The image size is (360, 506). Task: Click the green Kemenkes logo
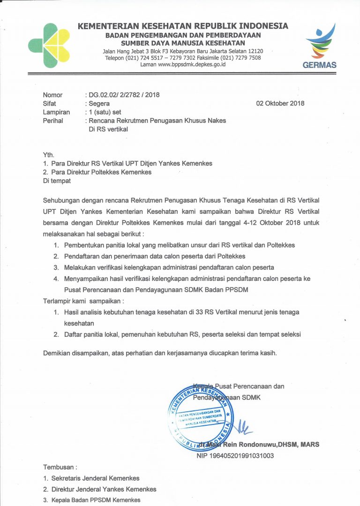[x=49, y=45]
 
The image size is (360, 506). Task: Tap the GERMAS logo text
[x=319, y=65]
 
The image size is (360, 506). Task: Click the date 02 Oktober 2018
[x=280, y=103]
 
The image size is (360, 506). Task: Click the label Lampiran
[x=56, y=112]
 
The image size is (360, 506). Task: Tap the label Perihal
[x=53, y=121]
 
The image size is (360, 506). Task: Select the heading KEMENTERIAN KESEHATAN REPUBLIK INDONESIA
[x=183, y=26]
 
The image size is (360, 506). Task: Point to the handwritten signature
[x=242, y=427]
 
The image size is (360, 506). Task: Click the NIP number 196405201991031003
[x=235, y=455]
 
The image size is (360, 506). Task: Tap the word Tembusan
[x=60, y=467]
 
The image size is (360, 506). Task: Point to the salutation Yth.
[x=49, y=155]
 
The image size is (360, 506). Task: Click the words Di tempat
[x=57, y=181]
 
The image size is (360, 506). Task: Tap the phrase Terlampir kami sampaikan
[x=84, y=301]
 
